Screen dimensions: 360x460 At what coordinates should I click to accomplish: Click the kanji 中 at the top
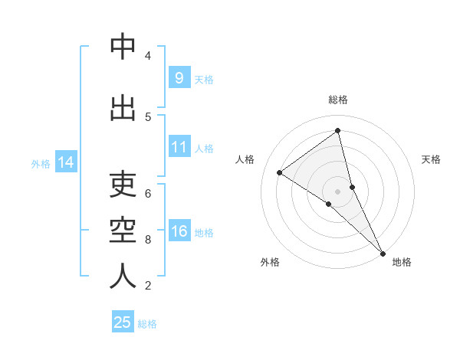pos(123,47)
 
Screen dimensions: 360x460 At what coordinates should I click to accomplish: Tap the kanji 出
pos(123,108)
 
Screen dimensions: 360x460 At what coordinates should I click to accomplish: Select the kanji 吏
pos(123,185)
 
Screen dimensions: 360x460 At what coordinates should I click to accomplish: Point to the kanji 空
pos(123,231)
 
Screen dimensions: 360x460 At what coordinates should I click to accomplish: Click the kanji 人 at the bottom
pos(123,277)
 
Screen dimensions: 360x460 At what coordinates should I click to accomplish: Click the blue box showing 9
pos(179,78)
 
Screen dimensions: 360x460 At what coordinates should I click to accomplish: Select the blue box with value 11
pos(179,147)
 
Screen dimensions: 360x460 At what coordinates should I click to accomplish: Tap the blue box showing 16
pos(179,231)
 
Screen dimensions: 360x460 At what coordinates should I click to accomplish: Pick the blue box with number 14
pos(66,162)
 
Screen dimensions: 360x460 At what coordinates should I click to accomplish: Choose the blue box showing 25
pos(123,322)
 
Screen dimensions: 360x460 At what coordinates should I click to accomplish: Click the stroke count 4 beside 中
pos(147,56)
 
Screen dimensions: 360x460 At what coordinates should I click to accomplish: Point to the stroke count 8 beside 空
pos(147,240)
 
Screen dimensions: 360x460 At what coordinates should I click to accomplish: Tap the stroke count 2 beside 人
pos(147,286)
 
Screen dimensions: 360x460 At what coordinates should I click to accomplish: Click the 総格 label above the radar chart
pos(337,100)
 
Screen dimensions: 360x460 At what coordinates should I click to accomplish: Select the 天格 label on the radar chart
pos(431,159)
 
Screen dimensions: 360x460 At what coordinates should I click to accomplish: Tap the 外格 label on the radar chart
pos(270,262)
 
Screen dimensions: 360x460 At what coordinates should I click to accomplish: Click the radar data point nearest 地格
pos(382,252)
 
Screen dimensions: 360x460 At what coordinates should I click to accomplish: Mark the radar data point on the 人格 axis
pos(280,172)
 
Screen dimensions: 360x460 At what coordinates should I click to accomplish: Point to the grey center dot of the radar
pos(337,191)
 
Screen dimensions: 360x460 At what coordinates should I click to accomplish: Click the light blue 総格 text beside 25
pos(147,324)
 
